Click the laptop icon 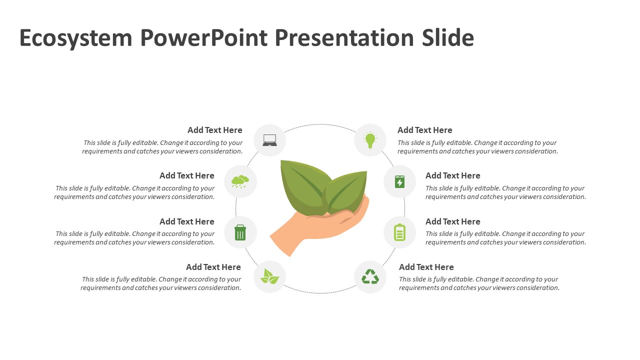[x=269, y=140]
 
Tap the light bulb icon [x=370, y=140]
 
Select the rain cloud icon [x=240, y=181]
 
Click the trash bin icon [x=240, y=232]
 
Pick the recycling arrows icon [x=370, y=276]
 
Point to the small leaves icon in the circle [x=269, y=276]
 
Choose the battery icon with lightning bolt [x=399, y=181]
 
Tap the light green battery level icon [x=399, y=232]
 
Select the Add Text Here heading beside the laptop [x=214, y=130]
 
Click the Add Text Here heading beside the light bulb [x=424, y=130]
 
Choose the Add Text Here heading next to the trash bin [x=186, y=221]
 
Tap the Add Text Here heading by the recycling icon [x=426, y=267]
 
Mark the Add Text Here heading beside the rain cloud [x=186, y=175]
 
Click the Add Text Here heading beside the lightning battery [x=452, y=175]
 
